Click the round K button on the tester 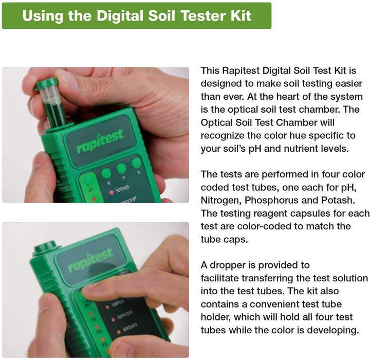136,164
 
